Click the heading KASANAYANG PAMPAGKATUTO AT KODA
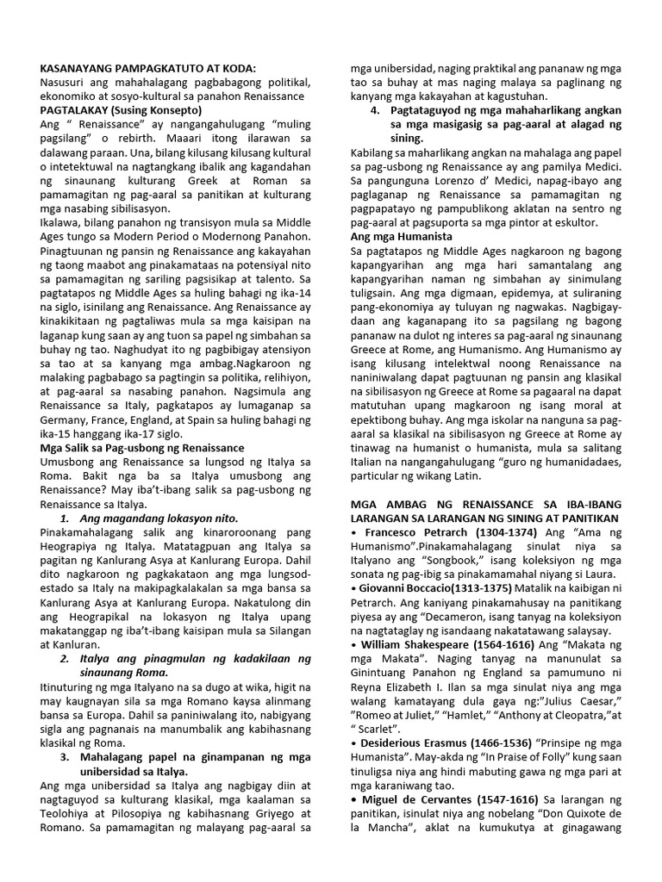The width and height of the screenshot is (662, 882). point(147,68)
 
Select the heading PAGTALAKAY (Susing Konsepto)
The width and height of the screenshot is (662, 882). point(121,110)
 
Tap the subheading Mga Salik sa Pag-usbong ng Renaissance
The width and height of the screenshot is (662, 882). point(142,448)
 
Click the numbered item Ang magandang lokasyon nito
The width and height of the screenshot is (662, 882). point(158,519)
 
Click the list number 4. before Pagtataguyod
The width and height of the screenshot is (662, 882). point(376,110)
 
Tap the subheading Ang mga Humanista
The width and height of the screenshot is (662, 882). point(401,236)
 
